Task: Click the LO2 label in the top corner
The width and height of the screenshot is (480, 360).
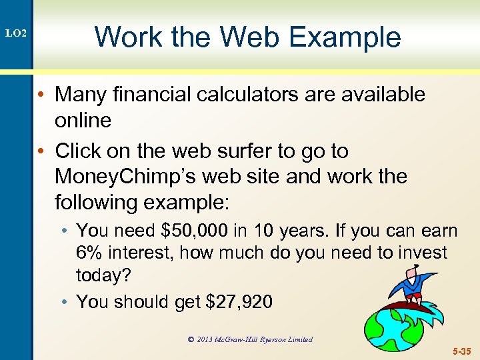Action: point(17,33)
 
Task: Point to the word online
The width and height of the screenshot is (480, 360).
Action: point(83,121)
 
